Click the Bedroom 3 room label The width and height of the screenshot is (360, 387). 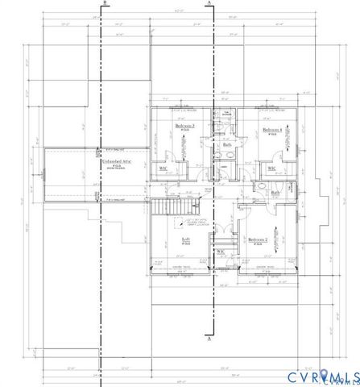click(185, 127)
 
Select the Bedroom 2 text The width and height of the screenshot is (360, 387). click(257, 240)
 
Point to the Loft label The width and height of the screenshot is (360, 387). click(184, 239)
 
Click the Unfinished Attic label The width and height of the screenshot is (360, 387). click(113, 162)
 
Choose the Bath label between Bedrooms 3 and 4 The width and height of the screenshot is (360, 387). click(228, 145)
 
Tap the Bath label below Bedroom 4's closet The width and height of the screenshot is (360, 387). click(275, 193)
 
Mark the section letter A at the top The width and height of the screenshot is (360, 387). click(209, 4)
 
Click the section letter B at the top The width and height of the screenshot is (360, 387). click(105, 4)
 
